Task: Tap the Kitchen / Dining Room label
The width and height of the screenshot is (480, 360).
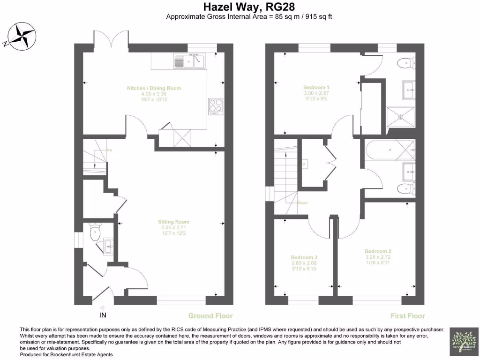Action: pos(154,88)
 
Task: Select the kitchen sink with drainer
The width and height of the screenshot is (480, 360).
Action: pos(189,61)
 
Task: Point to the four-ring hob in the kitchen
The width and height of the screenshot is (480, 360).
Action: pos(215,106)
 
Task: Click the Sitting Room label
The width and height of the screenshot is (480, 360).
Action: pos(173,222)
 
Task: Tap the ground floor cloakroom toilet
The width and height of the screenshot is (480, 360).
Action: pos(95,232)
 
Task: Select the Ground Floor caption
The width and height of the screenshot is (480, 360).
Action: pos(210,315)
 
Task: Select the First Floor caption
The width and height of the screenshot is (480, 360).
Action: pos(407,315)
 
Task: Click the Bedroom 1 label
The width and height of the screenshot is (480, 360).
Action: pos(316,88)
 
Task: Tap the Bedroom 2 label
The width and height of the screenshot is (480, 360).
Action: pos(377,252)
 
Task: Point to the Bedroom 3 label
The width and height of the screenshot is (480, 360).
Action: pos(304,258)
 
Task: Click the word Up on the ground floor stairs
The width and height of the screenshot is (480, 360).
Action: pos(109,150)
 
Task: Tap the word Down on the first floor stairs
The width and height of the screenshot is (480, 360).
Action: pos(302,202)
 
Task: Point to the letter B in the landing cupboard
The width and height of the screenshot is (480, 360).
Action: pos(304,164)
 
